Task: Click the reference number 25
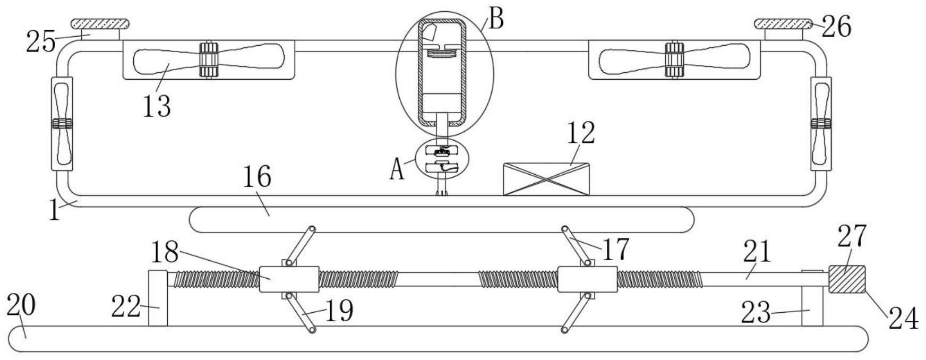[x=41, y=42]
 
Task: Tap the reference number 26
[x=837, y=27]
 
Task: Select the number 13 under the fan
[x=157, y=106]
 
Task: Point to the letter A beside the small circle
[x=397, y=170]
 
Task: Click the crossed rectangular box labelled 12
[x=546, y=179]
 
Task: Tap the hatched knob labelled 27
[x=846, y=279]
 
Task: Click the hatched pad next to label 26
[x=784, y=23]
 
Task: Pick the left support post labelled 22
[x=158, y=298]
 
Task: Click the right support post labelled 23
[x=812, y=298]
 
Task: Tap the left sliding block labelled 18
[x=289, y=279]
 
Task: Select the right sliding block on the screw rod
[x=587, y=279]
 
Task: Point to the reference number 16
[x=257, y=177]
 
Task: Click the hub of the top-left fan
[x=209, y=59]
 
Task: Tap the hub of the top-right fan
[x=674, y=59]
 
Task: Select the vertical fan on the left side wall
[x=62, y=124]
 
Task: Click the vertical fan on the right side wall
[x=821, y=124]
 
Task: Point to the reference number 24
[x=903, y=319]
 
